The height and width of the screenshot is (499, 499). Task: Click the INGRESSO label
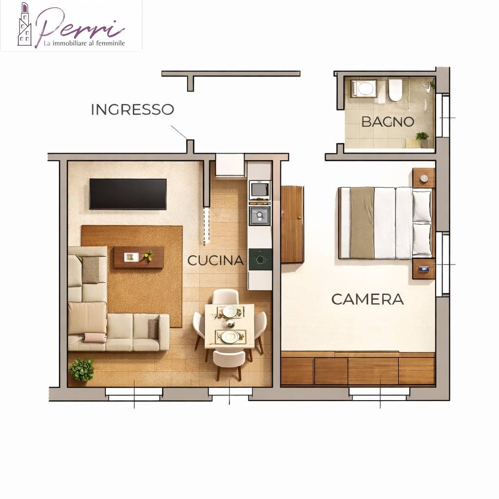point(133,110)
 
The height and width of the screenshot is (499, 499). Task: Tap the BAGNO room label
point(387,122)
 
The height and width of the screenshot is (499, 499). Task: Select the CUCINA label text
point(215,261)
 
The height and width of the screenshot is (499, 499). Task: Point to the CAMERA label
point(367,300)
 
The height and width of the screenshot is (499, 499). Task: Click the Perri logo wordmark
point(79,27)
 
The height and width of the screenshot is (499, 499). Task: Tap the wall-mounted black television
point(128,194)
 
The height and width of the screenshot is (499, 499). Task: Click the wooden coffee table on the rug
point(139,257)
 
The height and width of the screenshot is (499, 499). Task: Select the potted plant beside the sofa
point(81,369)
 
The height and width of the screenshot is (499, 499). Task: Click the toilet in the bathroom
point(395,90)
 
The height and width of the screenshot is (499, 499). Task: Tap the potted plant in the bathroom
point(422,139)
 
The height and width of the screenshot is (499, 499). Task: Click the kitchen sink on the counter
point(260,215)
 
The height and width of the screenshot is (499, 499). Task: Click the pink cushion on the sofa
point(95,338)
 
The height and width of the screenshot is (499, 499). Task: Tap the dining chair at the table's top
point(225,297)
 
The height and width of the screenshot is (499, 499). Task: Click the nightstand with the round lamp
point(424,178)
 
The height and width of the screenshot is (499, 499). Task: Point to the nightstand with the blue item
point(423,269)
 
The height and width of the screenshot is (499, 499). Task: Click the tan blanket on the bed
point(362,223)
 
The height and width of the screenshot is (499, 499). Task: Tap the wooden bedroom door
point(292,224)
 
